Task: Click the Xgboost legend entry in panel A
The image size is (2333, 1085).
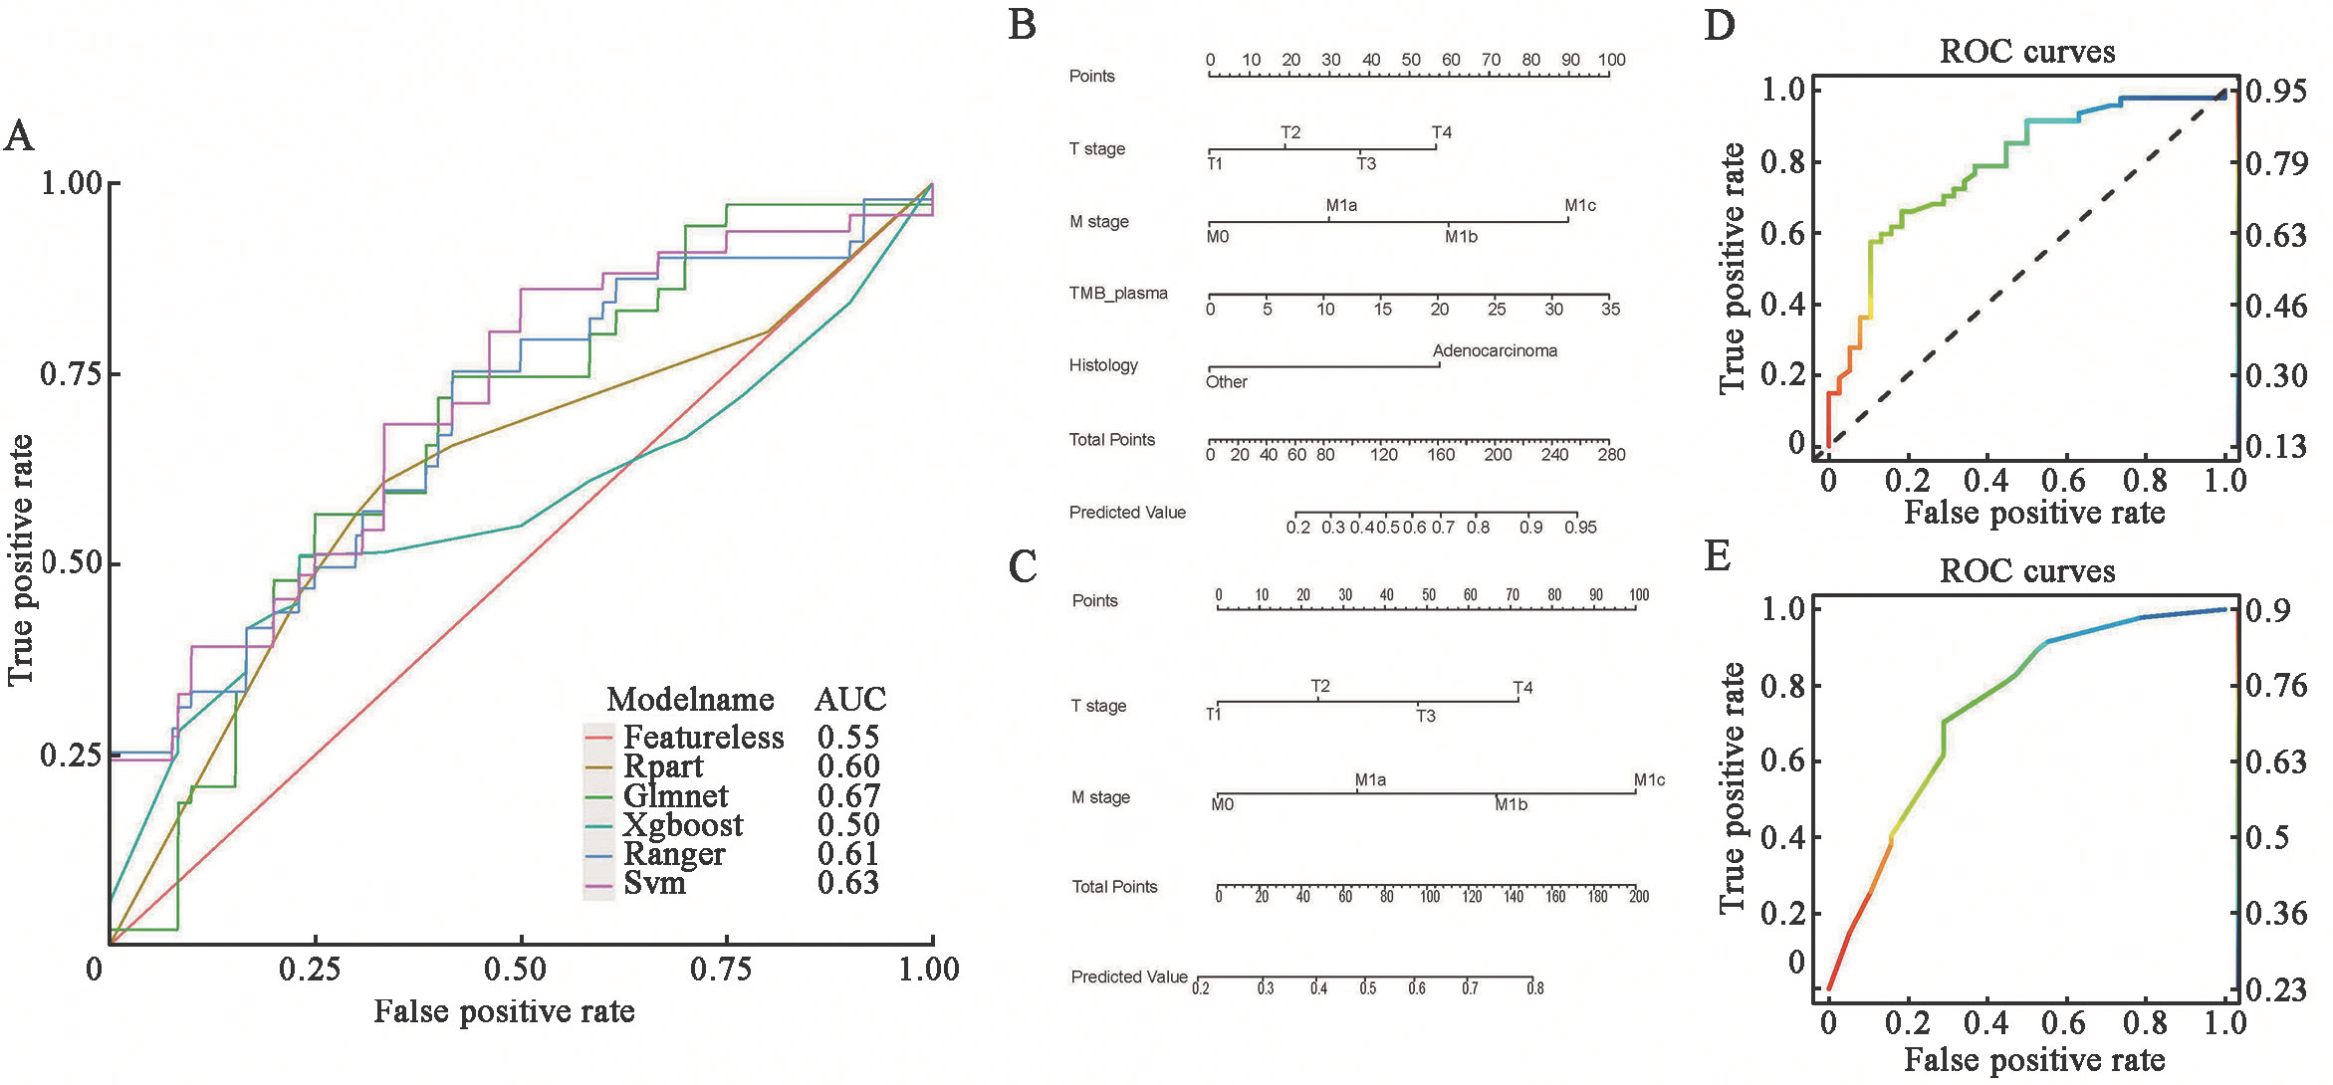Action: (683, 825)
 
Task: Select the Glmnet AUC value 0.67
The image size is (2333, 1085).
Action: (848, 796)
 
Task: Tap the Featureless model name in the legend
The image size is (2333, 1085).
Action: (703, 738)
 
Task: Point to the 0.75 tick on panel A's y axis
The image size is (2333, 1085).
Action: (72, 374)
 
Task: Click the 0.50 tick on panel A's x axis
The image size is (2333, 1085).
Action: (515, 969)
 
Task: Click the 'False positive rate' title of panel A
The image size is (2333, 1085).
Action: (504, 1011)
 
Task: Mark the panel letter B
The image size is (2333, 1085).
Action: (1023, 24)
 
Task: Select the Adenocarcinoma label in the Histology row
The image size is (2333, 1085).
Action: (1495, 351)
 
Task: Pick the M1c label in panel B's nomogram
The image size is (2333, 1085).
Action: (1580, 206)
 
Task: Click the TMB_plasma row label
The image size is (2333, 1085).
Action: (1118, 294)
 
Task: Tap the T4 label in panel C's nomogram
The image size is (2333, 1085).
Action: (1522, 688)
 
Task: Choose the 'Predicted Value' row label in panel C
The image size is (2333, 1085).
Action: (1129, 977)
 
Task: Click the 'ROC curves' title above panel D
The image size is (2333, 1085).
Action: (2027, 52)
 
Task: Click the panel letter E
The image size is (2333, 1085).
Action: (1718, 556)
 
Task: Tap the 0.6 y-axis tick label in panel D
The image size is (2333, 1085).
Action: (1782, 234)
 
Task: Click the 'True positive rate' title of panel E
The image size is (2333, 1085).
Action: (1734, 787)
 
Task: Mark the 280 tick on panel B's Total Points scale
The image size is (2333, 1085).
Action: (1611, 455)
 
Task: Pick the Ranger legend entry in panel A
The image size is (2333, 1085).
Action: (674, 854)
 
